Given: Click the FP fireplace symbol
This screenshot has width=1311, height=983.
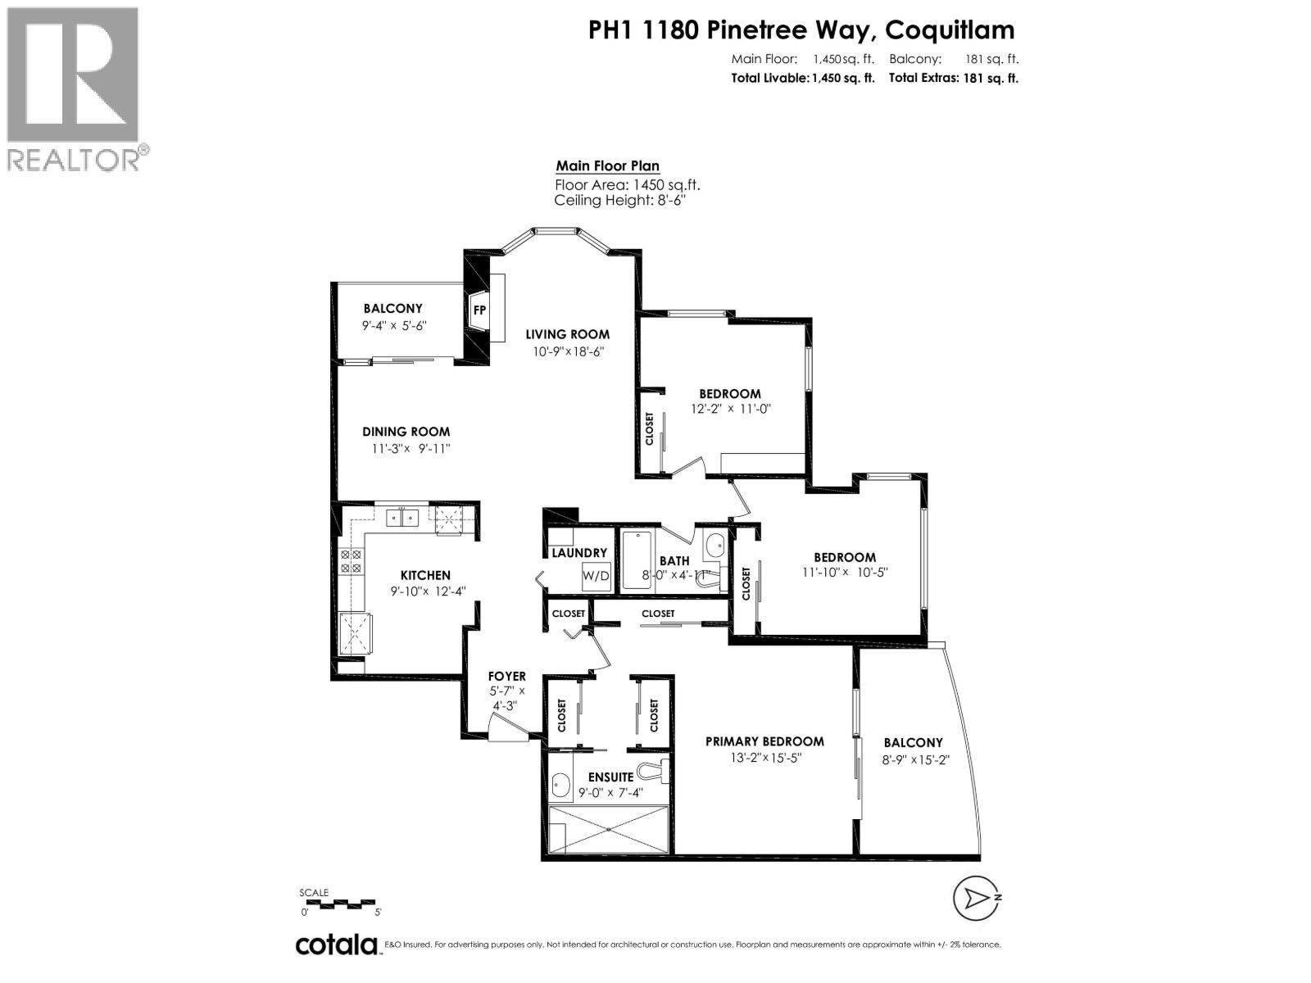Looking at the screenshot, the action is [x=479, y=310].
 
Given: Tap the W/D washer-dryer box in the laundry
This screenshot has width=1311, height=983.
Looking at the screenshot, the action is [x=596, y=576].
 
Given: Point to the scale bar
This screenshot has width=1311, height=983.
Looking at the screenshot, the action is [x=340, y=904].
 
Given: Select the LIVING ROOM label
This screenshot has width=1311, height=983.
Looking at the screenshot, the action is [x=567, y=334].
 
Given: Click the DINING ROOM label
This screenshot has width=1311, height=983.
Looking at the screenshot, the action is [x=406, y=432].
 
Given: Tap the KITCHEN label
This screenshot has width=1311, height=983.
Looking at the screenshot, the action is [x=425, y=575].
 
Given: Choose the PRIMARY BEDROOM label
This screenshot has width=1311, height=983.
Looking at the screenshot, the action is [x=764, y=741].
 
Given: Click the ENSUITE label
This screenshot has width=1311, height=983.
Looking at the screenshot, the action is [x=610, y=777].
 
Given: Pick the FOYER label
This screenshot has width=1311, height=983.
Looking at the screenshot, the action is [x=506, y=676].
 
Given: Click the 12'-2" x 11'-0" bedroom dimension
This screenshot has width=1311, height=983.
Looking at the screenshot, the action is [x=731, y=409].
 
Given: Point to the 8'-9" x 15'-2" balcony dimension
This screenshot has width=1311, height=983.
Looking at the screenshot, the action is [x=916, y=759].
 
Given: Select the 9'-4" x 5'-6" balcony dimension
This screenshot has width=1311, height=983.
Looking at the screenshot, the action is [x=394, y=325].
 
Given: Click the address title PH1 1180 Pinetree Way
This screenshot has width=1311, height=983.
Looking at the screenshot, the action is [x=801, y=30].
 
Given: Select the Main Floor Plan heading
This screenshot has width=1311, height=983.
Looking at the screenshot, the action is [x=607, y=165].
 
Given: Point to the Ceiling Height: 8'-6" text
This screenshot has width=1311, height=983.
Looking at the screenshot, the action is [x=619, y=201].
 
